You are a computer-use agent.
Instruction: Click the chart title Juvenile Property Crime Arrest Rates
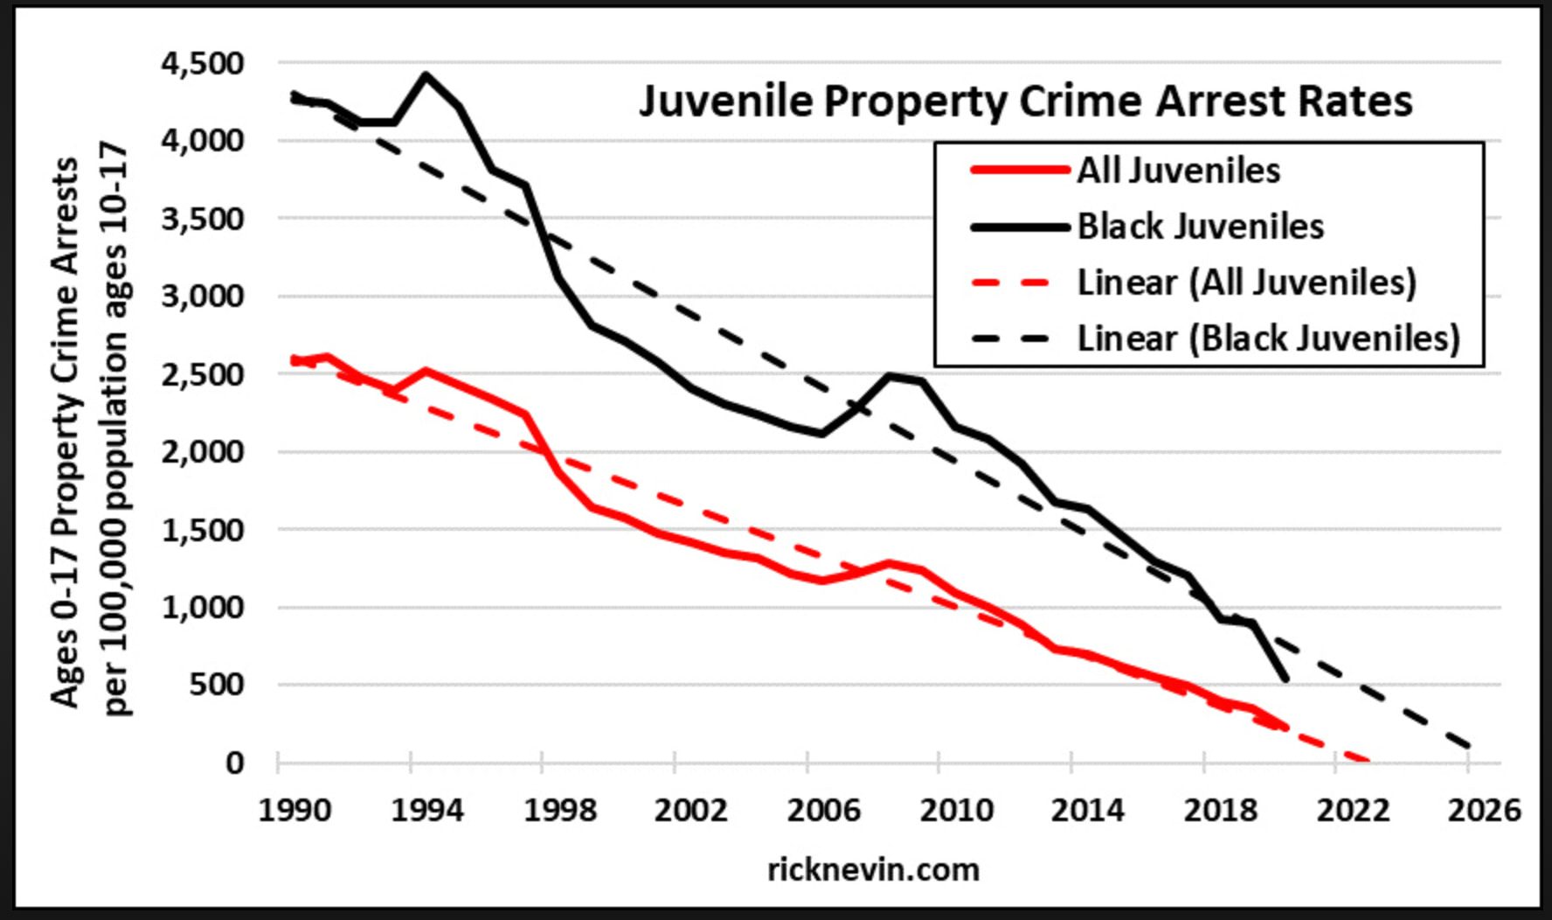[1025, 101]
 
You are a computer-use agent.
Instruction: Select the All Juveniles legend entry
[1178, 171]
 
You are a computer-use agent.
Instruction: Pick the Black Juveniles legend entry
[1200, 227]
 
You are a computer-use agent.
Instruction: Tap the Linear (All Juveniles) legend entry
[1245, 282]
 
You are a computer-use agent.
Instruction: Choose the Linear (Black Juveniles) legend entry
[1268, 338]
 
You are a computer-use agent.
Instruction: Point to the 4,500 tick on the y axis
[203, 63]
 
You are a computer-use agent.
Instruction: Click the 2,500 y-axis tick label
[203, 374]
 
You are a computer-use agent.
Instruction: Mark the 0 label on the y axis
[234, 763]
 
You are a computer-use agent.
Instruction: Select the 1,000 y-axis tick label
[203, 607]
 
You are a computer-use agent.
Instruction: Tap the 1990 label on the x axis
[294, 811]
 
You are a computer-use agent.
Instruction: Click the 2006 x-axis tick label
[823, 811]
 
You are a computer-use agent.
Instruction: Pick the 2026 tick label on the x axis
[1484, 811]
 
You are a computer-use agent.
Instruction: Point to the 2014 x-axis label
[1087, 811]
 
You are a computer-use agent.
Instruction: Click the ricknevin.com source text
[873, 870]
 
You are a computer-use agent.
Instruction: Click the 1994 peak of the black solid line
[426, 75]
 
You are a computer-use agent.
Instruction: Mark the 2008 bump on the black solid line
[890, 376]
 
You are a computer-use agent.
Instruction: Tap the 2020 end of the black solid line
[1285, 679]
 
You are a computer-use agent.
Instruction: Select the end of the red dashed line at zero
[1368, 761]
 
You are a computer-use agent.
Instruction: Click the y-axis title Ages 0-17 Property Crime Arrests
[65, 433]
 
